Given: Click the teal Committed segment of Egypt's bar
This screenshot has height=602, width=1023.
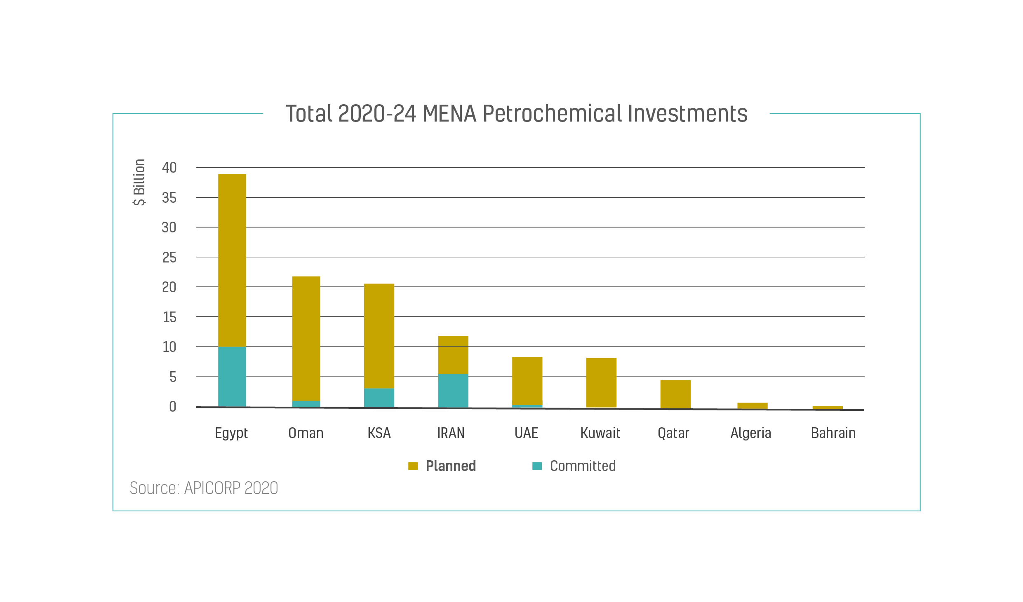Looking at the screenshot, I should click(232, 377).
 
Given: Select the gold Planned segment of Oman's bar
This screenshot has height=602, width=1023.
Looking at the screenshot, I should click(306, 338).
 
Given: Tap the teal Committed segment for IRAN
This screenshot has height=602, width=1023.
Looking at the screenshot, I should click(453, 391).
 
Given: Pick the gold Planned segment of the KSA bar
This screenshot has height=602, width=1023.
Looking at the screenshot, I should click(379, 336).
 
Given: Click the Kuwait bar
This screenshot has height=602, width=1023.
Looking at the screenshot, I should click(601, 383).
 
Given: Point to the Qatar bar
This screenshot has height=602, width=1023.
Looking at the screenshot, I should click(675, 394).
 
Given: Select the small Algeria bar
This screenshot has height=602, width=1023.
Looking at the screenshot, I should click(752, 406).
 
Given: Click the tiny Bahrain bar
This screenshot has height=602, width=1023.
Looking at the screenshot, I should click(827, 408).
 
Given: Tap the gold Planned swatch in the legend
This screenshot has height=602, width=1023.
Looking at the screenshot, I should click(413, 466).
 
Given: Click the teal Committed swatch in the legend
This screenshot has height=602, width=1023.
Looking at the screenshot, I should click(537, 466).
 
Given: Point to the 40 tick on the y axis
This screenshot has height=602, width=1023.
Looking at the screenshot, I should click(169, 168).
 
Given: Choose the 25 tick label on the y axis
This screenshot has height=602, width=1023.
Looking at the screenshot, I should click(169, 258).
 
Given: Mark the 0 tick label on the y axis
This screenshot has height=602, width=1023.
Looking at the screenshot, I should click(172, 407).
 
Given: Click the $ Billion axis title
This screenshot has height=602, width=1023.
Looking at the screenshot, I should click(139, 182).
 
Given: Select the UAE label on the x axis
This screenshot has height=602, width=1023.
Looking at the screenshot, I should click(526, 433).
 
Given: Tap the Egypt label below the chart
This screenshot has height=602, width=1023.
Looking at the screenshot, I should click(231, 433).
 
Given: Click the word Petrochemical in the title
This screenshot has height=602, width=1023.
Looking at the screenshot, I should click(552, 114).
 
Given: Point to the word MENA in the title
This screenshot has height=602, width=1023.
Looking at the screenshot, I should click(449, 114).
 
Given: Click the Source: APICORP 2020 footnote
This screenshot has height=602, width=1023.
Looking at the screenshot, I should click(204, 488).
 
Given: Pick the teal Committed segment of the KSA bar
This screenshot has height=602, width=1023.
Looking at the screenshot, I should click(379, 398).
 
